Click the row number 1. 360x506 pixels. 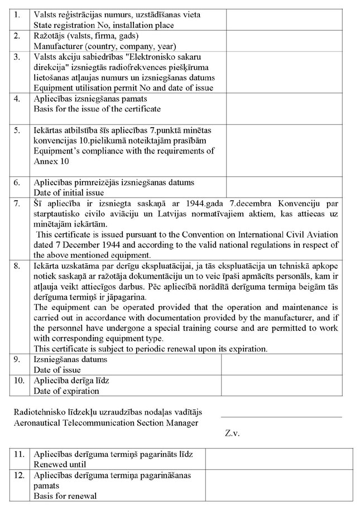point(18,14)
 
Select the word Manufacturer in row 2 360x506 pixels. point(57,46)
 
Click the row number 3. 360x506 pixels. point(18,57)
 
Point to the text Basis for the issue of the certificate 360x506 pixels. point(97,109)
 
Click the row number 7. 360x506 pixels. point(18,202)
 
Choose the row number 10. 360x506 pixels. point(20,380)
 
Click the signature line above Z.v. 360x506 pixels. point(281,417)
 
